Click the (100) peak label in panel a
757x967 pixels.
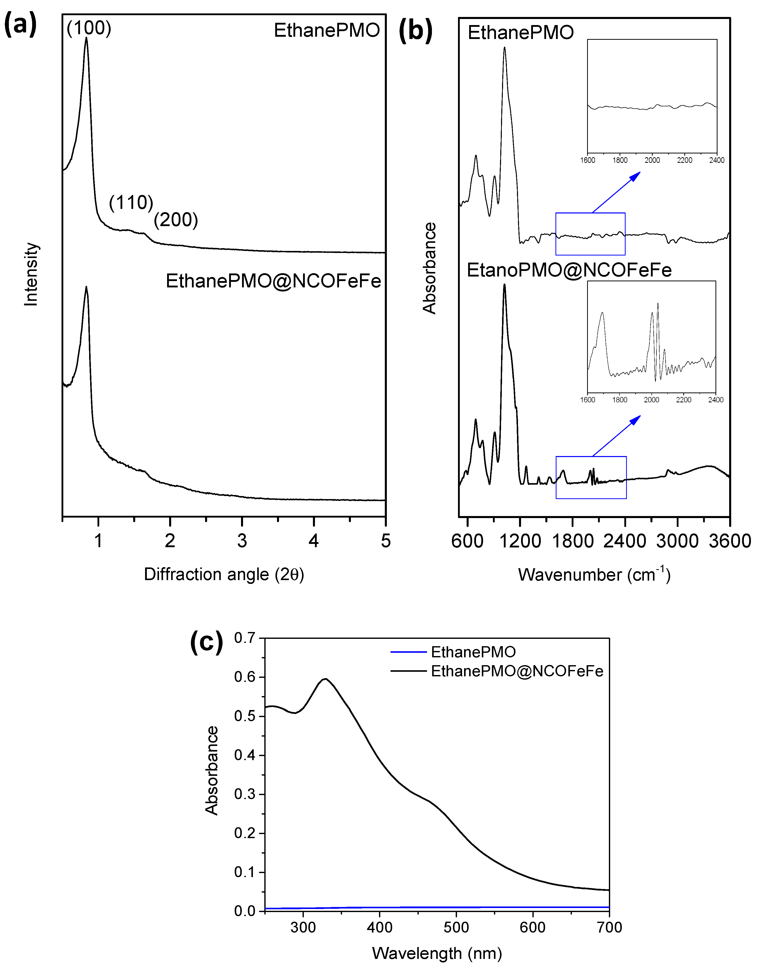point(89,28)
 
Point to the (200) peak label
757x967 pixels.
point(176,220)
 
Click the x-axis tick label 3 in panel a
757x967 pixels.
point(242,541)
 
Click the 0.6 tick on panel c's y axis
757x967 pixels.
point(245,677)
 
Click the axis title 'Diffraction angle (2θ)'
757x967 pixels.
point(224,574)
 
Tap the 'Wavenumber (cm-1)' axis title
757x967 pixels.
point(594,574)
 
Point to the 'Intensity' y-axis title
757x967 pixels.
point(31,274)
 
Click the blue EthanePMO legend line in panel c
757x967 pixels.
point(408,652)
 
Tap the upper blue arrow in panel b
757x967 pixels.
point(616,192)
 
